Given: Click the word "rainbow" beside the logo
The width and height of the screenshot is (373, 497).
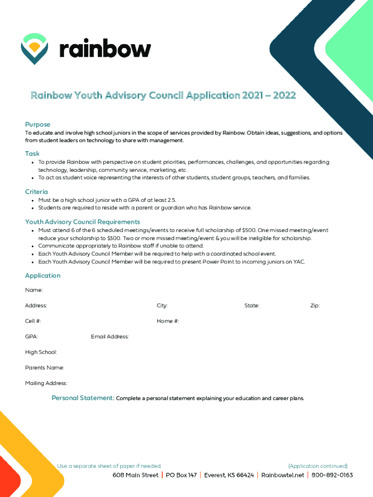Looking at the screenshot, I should pos(105,49).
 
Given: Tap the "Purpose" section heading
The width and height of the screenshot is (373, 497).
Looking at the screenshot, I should pos(38,124).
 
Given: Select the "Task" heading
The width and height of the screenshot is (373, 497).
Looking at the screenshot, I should pos(32,153).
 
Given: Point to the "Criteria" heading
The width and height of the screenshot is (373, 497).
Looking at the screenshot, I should pos(36,192).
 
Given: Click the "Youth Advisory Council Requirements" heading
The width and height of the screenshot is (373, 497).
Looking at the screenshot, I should pos(82,222).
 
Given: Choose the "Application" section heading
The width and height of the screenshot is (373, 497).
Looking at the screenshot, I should pos(43,275).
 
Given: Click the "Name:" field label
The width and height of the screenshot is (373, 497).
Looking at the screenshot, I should pos(34,290).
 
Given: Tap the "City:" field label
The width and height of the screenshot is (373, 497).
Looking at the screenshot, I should pos(162,305).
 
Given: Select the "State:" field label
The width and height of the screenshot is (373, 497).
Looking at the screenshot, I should pos(252,305).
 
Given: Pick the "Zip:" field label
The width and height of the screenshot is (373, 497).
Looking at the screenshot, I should pos(315,305).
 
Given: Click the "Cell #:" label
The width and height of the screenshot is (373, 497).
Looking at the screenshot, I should pos(33,321).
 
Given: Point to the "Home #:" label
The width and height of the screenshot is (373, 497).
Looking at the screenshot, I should pos(168,321).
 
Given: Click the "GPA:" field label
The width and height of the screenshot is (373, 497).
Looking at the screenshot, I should pos(31,336).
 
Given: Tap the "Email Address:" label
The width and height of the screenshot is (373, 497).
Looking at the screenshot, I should pos(109,336).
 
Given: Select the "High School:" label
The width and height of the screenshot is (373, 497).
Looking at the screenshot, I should pos(41,352).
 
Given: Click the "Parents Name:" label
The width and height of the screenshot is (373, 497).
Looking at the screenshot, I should pos(44,367).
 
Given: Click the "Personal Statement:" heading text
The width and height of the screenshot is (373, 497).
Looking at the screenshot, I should pos(83,398).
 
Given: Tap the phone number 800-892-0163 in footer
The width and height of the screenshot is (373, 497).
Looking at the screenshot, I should pos(332,475).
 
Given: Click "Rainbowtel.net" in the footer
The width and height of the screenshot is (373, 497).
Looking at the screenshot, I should pos(282,475).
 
